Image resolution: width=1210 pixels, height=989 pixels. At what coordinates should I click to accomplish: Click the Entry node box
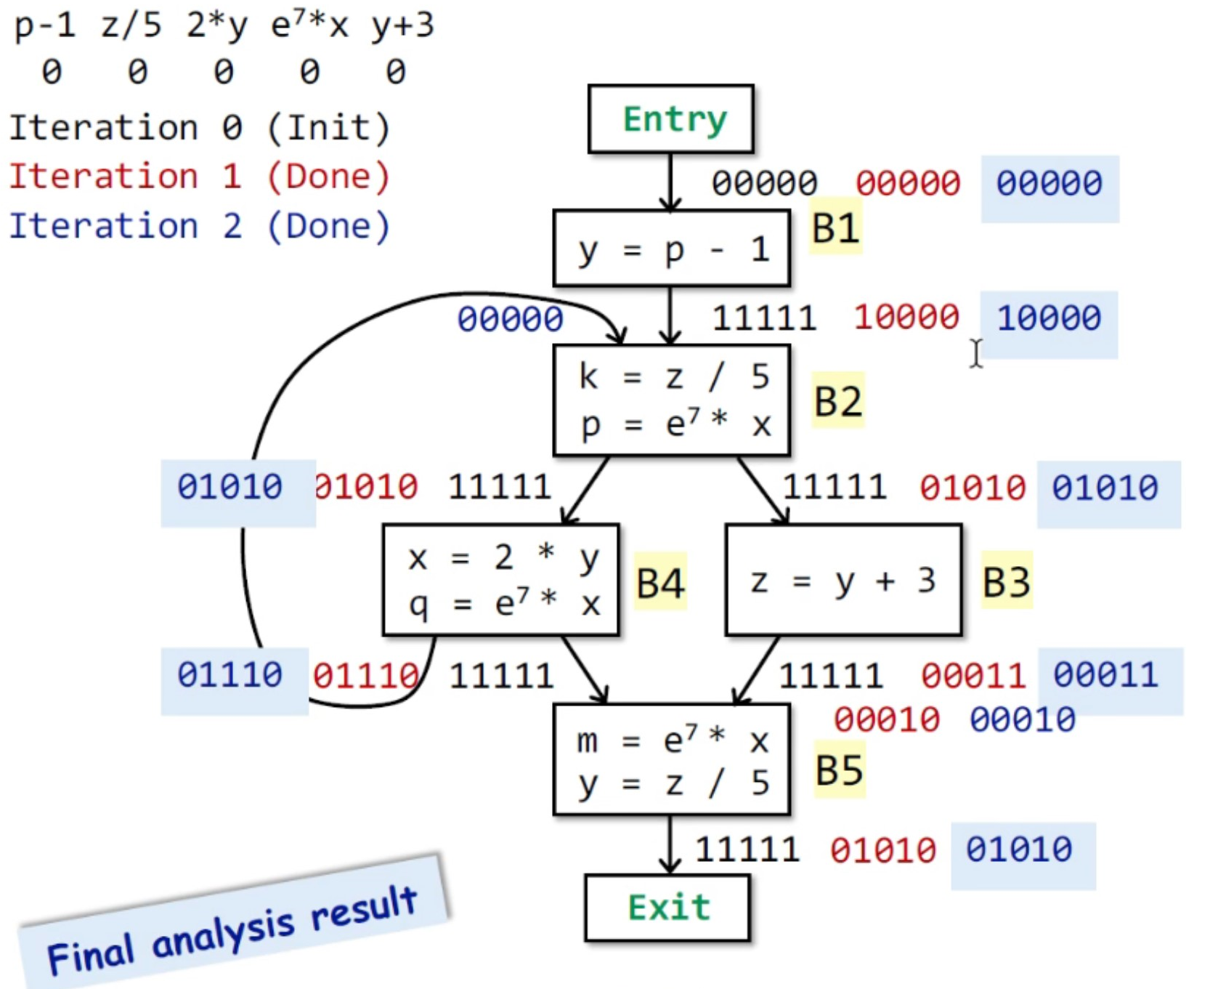pos(670,119)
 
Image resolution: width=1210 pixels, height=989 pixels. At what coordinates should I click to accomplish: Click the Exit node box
pos(667,908)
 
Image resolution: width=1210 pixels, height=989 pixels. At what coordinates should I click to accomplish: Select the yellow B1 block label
pos(835,227)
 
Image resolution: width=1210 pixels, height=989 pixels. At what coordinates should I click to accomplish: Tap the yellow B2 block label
pos(838,401)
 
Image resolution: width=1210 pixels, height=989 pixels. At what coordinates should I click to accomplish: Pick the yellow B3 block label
pos(1006,581)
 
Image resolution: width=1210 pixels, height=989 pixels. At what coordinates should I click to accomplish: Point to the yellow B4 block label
pos(660,583)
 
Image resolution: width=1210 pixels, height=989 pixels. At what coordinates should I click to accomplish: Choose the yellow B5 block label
pos(839,770)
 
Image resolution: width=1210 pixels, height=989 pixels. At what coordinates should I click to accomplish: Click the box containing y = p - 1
pos(671,249)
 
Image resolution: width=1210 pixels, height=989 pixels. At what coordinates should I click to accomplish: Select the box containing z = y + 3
pos(843,581)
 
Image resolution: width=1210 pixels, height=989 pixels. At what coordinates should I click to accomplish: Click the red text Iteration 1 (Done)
pos(199,177)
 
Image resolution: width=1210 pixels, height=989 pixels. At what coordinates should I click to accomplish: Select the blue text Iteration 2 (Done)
pos(199,226)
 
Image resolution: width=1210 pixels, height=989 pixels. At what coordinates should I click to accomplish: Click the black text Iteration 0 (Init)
pos(199,128)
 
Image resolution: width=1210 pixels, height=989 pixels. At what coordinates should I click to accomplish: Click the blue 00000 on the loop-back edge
pos(510,319)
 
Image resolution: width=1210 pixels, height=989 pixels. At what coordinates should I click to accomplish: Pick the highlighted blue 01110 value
pos(230,675)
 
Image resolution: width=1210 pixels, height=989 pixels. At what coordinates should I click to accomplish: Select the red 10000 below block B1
pos(906,318)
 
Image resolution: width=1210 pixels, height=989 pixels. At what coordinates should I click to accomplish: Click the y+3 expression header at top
pos(402,25)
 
